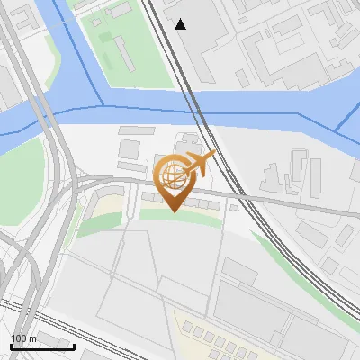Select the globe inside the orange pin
173,174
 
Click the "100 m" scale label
23,337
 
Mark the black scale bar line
42,346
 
